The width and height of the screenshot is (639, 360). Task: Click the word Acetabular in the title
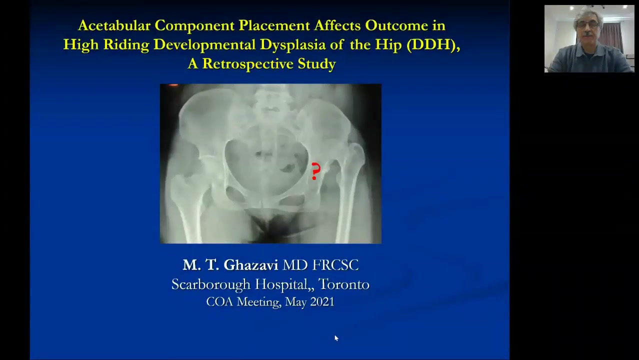[x=114, y=25]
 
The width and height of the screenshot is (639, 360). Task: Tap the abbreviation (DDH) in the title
[x=433, y=44]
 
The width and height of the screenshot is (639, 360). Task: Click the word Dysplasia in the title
[x=292, y=45]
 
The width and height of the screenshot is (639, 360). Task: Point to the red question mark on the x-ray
[x=315, y=171]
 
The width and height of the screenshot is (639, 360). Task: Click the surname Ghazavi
[x=251, y=264]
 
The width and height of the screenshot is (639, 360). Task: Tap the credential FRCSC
[x=335, y=265]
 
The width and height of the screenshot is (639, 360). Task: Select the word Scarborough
[x=211, y=284]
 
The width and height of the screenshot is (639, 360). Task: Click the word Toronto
[x=343, y=284]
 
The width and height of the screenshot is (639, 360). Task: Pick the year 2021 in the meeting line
[x=322, y=302]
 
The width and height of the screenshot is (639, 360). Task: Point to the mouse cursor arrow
[x=336, y=338]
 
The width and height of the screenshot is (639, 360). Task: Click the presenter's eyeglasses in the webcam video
[x=588, y=25]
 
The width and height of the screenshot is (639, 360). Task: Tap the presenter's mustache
[x=587, y=33]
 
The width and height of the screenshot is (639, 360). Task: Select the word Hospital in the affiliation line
[x=282, y=284]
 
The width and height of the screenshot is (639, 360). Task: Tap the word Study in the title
[x=316, y=63]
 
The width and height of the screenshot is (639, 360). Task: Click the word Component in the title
[x=194, y=25]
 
